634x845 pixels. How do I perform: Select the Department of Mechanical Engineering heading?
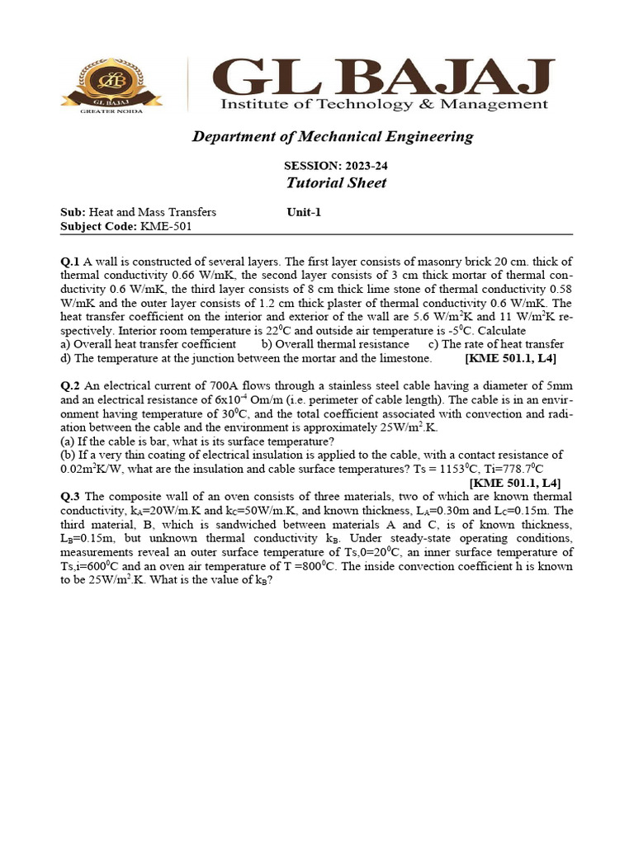pyautogui.click(x=333, y=137)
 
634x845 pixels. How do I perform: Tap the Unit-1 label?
pyautogui.click(x=303, y=212)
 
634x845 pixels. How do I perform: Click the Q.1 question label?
pyautogui.click(x=69, y=260)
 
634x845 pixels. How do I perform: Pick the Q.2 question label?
pyautogui.click(x=69, y=386)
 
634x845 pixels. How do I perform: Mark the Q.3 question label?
pyautogui.click(x=69, y=496)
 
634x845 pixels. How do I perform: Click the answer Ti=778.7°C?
pyautogui.click(x=514, y=469)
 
